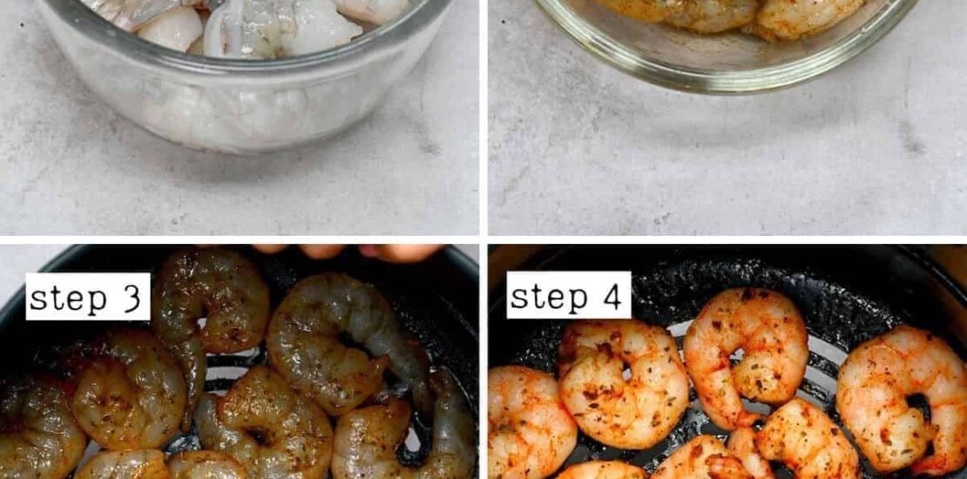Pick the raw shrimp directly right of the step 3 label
210,308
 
